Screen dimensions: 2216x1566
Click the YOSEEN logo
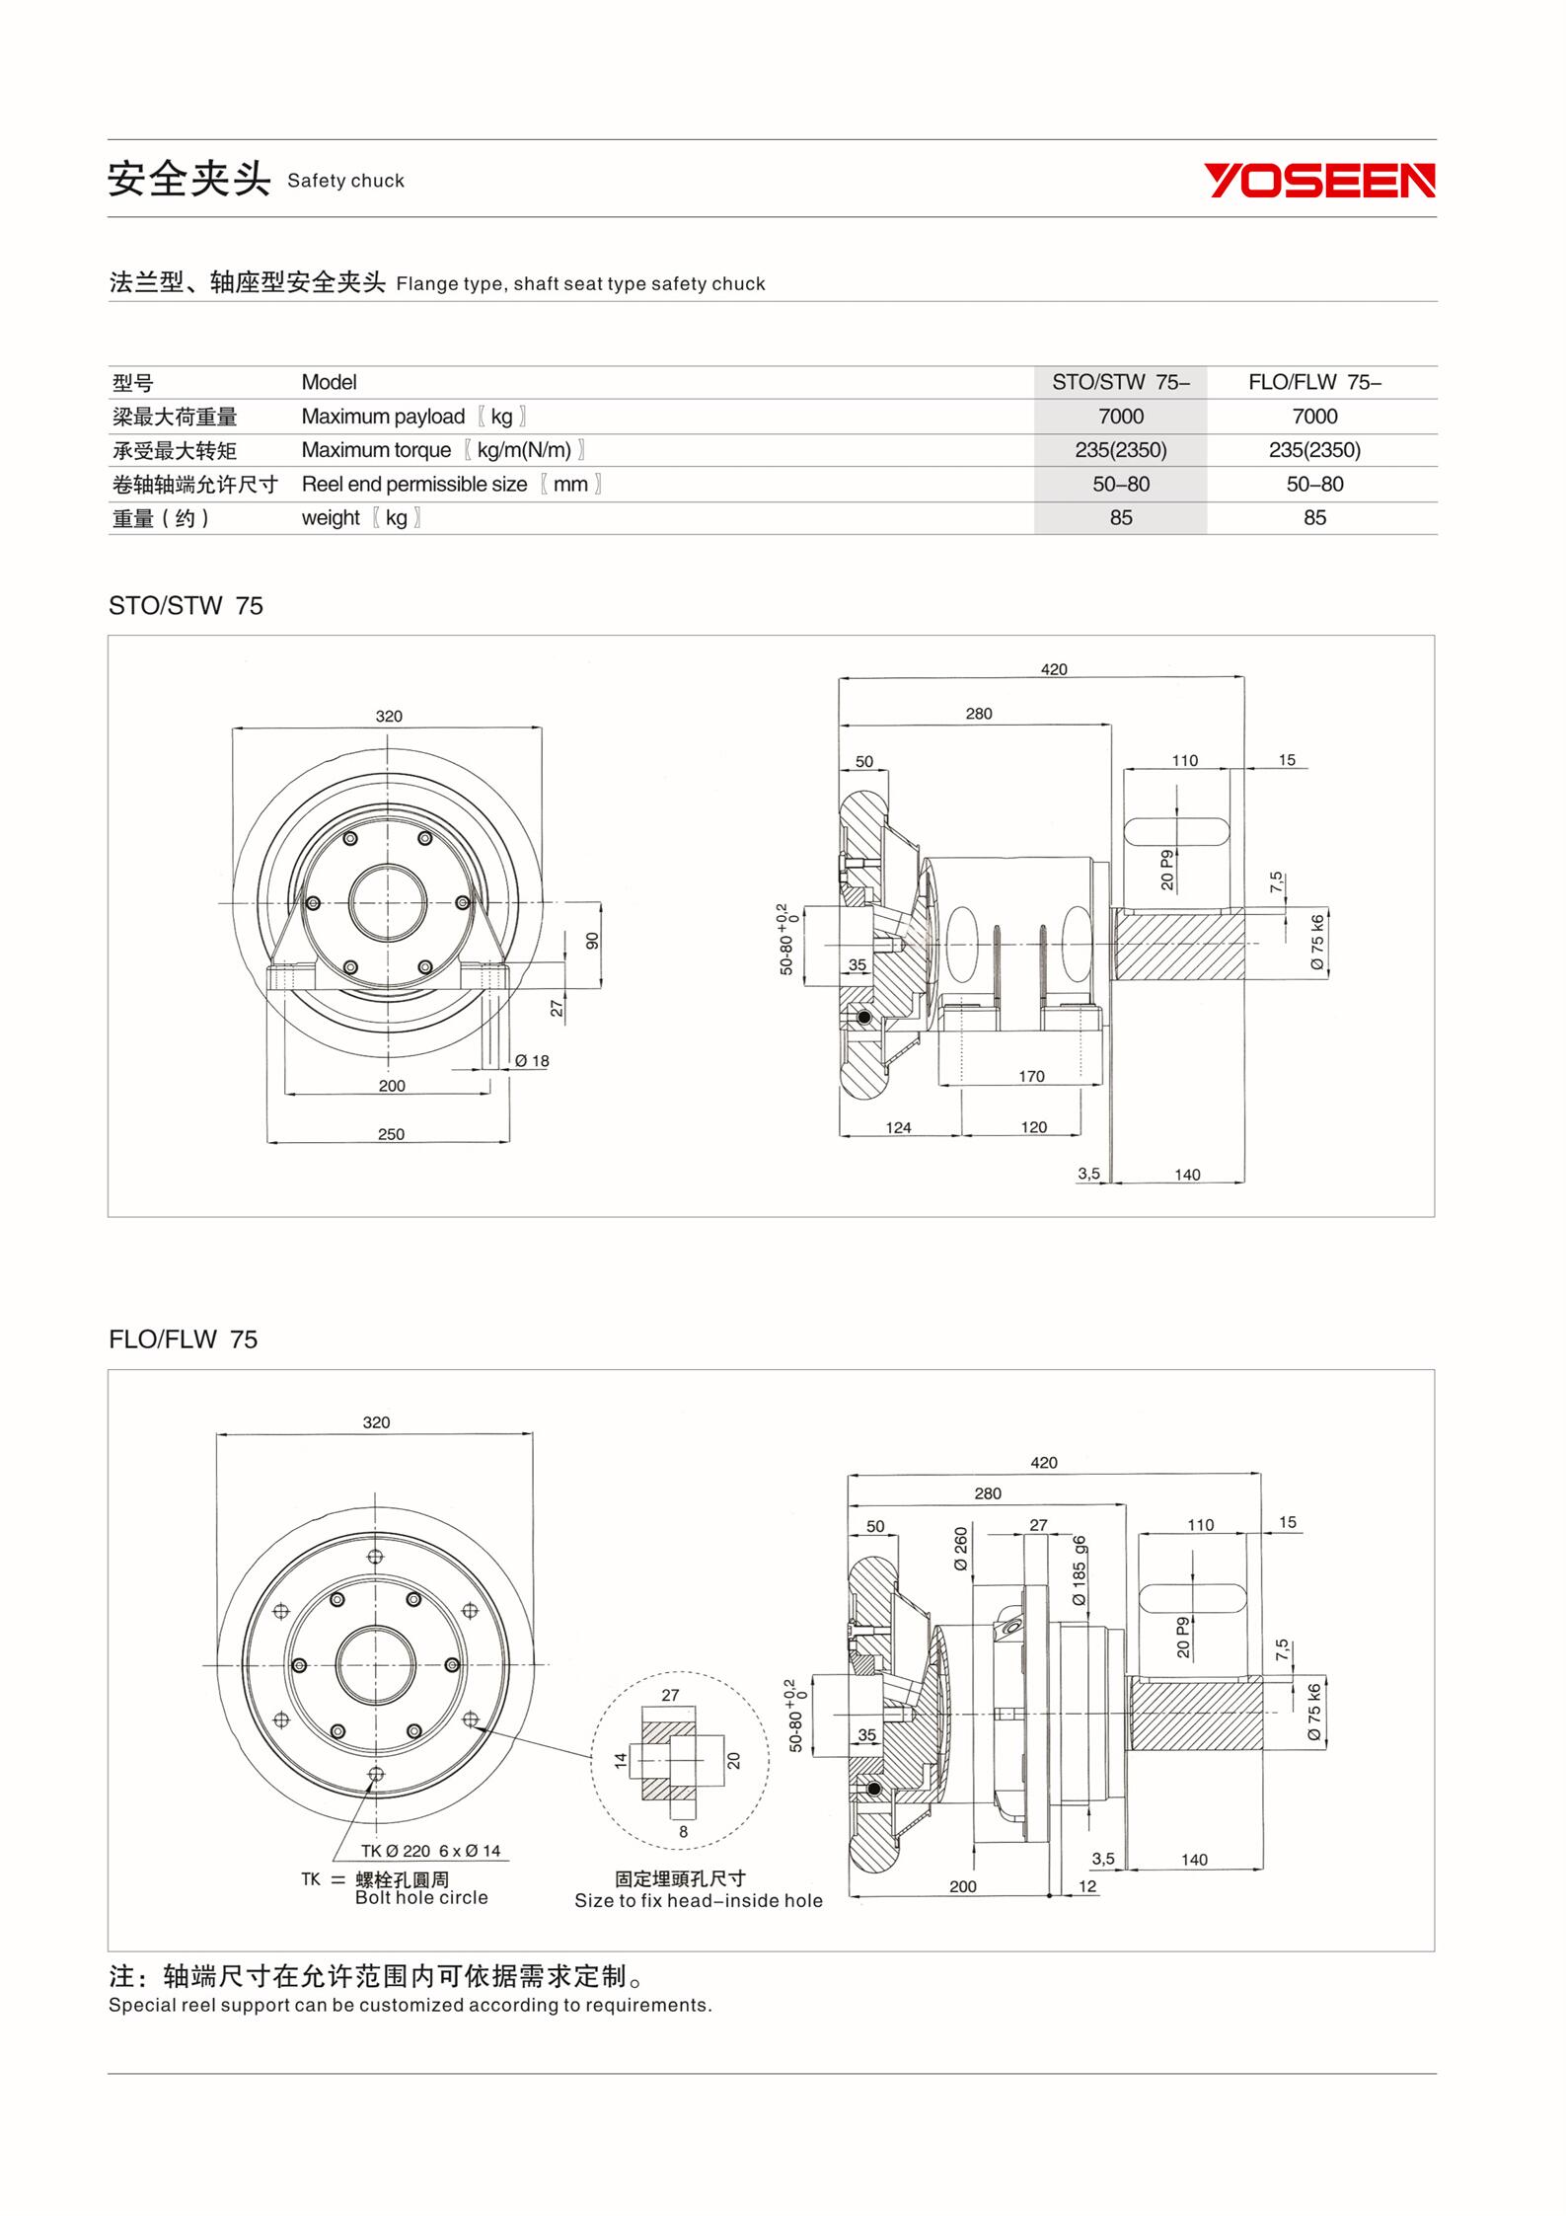tap(1319, 181)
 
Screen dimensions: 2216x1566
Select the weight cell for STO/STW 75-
tap(1120, 518)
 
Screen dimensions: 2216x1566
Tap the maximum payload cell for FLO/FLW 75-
tap(1313, 417)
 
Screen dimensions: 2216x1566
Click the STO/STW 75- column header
tap(1120, 383)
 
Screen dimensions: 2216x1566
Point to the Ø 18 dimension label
tap(532, 1061)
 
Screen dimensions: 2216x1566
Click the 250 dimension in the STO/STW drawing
tap(391, 1134)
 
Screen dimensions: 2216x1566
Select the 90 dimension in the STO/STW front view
tap(592, 941)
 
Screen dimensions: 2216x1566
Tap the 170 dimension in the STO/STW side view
tap(1031, 1076)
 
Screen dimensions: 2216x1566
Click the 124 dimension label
tap(898, 1127)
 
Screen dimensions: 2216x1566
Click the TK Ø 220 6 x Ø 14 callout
tap(430, 1851)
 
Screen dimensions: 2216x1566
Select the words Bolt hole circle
tap(421, 1897)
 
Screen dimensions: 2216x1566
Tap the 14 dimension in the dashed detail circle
tap(621, 1760)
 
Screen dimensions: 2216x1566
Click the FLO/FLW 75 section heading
tap(183, 1339)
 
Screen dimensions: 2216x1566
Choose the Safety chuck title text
tap(345, 181)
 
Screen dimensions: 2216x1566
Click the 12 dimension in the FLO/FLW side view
tap(1087, 1886)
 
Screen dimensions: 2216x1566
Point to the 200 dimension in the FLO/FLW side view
tap(962, 1886)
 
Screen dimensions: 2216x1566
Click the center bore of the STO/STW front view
tap(388, 903)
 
